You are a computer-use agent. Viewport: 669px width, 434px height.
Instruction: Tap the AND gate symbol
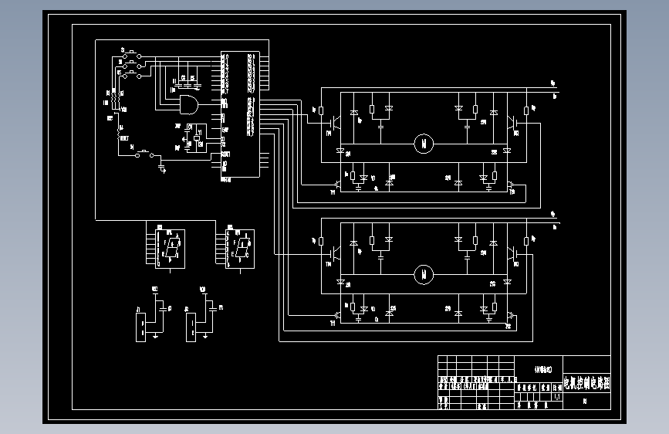point(188,105)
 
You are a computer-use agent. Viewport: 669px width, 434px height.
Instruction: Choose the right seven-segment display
point(242,248)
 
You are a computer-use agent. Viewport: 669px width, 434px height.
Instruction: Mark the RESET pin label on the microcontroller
point(225,154)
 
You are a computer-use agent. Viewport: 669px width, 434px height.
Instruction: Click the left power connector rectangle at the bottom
point(140,324)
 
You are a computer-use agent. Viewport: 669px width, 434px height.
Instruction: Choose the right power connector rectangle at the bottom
point(190,324)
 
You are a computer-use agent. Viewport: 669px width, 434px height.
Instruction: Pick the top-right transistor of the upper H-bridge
point(511,122)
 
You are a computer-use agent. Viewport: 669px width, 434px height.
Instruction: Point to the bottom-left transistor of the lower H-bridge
point(338,317)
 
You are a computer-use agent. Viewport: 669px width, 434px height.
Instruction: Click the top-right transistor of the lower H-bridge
point(511,252)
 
